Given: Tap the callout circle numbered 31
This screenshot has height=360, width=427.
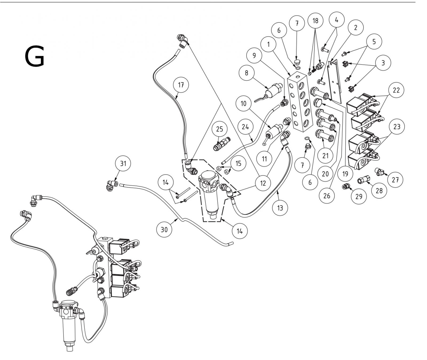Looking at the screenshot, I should [123, 163].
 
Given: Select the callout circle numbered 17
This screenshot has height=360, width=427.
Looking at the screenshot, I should [181, 85].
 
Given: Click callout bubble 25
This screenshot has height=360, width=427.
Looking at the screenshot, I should [219, 129].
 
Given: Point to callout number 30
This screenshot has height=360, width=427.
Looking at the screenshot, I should [165, 229].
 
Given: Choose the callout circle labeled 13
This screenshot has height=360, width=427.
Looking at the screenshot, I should [280, 207].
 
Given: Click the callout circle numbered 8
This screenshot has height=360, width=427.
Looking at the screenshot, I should [246, 73].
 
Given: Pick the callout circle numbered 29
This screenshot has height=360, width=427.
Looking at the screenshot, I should [359, 196].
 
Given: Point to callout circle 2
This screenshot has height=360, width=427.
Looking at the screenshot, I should [355, 27].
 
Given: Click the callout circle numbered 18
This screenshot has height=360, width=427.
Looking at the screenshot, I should [315, 21].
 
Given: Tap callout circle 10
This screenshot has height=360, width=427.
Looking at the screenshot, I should [244, 103].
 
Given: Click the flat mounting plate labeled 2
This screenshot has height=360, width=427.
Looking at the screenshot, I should [335, 80].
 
